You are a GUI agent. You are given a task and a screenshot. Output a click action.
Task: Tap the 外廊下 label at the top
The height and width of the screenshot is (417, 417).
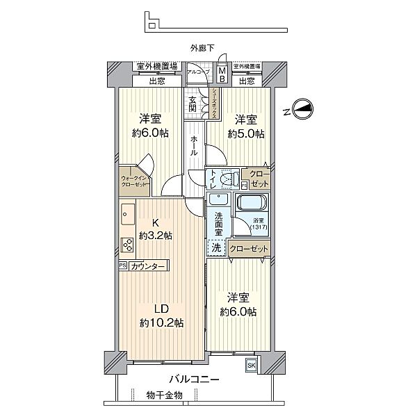202,48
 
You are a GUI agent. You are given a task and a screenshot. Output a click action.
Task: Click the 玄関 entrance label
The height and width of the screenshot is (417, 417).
193,104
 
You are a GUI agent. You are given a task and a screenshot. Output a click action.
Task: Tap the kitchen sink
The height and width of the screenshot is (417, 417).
127,216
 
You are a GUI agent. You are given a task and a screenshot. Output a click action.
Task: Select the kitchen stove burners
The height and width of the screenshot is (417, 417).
128,245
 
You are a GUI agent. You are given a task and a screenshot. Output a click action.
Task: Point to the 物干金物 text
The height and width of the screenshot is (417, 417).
165,395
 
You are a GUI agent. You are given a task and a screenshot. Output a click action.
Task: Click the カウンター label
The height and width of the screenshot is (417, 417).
148,266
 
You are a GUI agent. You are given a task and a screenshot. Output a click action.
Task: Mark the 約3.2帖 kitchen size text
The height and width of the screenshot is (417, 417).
157,235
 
